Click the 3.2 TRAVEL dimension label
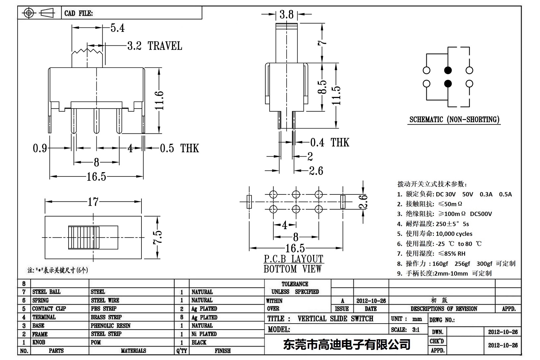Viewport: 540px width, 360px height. coord(155,46)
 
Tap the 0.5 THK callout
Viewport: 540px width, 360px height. coord(179,148)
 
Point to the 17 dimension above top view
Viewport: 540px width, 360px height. coord(93,201)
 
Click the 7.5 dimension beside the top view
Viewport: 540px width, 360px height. coord(158,237)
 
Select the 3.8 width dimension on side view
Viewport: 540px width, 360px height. coord(286,14)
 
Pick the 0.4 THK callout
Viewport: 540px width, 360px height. coord(329,142)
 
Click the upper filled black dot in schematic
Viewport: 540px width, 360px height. coord(448,70)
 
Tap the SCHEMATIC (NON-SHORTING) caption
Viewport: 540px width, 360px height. coord(454,120)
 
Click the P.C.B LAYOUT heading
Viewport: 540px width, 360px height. coord(294,259)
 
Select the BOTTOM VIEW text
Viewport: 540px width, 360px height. coord(293,269)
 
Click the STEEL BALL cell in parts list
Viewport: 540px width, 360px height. coord(46,292)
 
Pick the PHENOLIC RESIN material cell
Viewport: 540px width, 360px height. coord(111,326)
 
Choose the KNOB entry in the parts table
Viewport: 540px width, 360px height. coord(39,342)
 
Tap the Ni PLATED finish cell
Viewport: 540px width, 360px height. coord(204,334)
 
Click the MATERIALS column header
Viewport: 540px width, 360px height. coord(133,351)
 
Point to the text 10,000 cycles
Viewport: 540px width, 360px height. coord(454,234)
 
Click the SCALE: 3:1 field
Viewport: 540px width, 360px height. coord(405,330)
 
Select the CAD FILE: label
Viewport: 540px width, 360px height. coord(79,13)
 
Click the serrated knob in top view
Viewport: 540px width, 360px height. coord(84,237)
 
